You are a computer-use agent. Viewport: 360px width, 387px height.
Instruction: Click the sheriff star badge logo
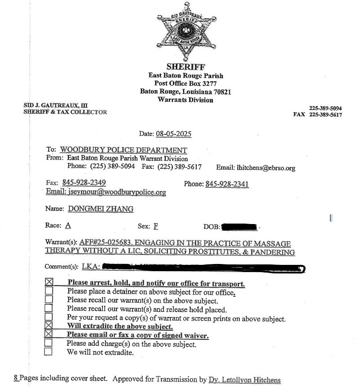click(186, 32)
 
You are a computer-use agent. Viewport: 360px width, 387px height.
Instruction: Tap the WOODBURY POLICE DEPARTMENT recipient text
click(123, 150)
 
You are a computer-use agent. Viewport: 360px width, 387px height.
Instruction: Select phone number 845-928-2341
click(227, 184)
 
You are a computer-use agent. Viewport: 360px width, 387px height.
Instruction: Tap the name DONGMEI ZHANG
click(101, 209)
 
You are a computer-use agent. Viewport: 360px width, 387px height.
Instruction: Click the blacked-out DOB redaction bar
click(239, 226)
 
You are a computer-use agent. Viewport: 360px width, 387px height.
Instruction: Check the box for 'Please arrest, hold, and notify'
click(49, 283)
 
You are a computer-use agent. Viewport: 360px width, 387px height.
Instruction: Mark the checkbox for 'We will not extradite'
click(49, 352)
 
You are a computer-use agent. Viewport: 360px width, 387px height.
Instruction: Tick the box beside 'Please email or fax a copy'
click(49, 335)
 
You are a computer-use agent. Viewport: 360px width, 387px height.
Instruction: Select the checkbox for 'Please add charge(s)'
click(49, 344)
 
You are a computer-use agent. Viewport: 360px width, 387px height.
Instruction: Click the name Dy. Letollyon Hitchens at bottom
click(244, 380)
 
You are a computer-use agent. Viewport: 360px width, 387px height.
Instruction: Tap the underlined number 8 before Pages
click(16, 378)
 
